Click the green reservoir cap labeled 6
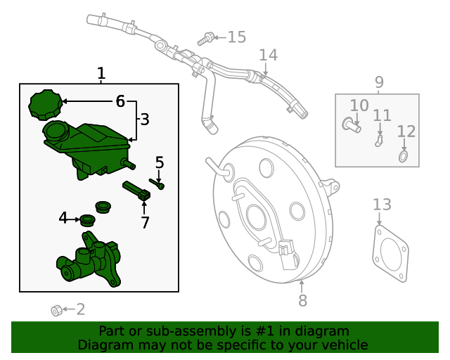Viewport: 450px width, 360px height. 45,105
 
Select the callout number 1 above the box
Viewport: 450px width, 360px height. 101,73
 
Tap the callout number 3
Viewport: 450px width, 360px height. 145,120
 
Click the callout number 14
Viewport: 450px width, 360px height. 268,55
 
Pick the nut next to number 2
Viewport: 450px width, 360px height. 56,310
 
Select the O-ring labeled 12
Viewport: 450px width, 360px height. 404,155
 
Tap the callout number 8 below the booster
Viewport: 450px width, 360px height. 302,301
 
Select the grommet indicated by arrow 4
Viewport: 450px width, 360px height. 87,220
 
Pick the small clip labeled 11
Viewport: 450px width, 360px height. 379,141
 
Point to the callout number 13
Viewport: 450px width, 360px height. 382,205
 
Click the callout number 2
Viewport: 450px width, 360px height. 80,309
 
